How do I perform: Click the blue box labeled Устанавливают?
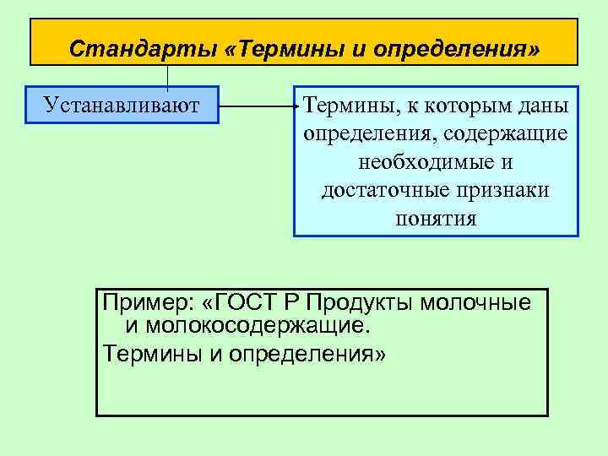pyautogui.click(x=122, y=105)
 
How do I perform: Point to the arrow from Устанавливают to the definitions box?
pyautogui.click(x=257, y=106)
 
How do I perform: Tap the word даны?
pyautogui.click(x=544, y=106)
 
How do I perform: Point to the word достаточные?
pyautogui.click(x=376, y=191)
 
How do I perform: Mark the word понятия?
pyautogui.click(x=435, y=219)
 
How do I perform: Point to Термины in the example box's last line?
pyautogui.click(x=151, y=352)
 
